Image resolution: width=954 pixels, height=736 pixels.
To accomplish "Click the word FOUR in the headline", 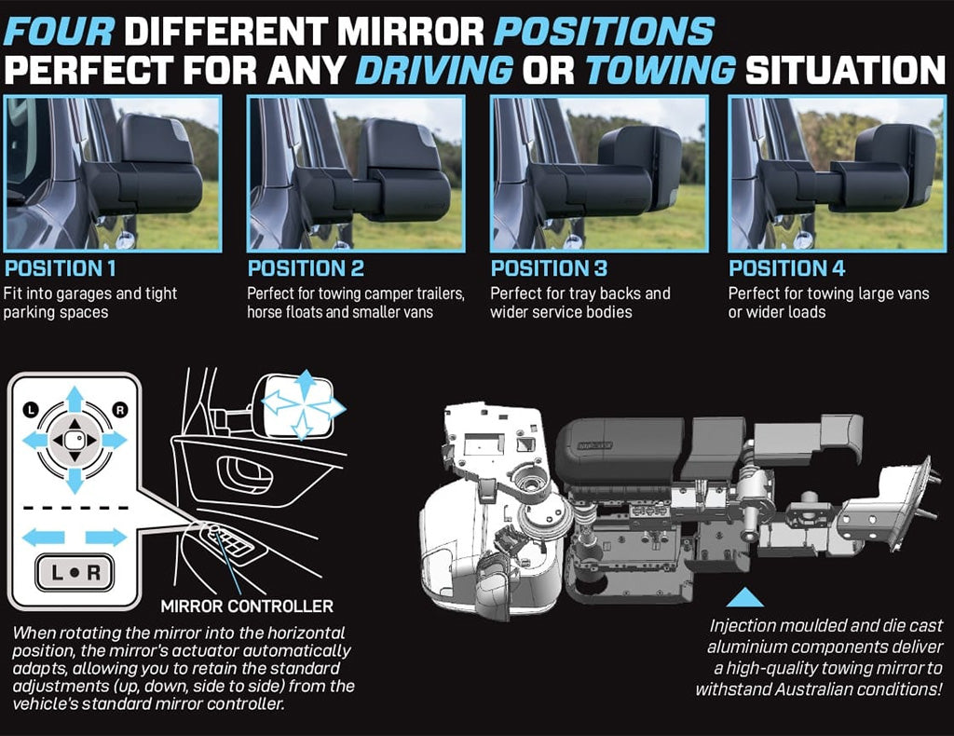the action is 59,31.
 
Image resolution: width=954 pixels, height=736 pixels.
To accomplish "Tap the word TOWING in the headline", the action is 661,69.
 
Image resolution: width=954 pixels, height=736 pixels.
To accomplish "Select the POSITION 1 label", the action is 60,268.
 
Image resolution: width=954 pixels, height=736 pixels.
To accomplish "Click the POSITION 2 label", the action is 306,268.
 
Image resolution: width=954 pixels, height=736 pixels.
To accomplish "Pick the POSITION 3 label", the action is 549,268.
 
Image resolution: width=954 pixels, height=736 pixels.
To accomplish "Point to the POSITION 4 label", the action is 786,268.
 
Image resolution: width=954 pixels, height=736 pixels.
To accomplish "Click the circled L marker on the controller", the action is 31,409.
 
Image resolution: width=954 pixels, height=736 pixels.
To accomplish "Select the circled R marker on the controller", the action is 120,410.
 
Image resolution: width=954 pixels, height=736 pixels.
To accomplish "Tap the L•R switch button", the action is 75,572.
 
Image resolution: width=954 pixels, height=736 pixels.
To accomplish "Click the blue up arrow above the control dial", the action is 75,401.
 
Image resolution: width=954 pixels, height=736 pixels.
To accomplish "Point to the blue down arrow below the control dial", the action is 75,481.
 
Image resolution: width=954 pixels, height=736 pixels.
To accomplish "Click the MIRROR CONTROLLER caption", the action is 247,607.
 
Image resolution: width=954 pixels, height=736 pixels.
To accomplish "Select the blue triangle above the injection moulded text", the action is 744,597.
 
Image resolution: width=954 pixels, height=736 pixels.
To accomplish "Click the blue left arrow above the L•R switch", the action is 43,538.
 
